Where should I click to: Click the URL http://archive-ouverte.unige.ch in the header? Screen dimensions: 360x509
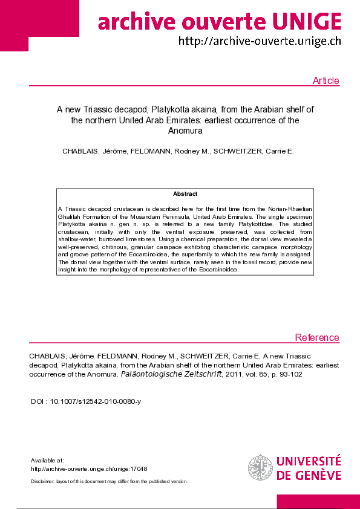[x=260, y=42]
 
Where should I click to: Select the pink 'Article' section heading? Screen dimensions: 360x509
[x=326, y=81]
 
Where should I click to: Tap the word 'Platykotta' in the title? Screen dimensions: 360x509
[x=172, y=110]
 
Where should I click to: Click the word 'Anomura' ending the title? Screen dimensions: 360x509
[x=185, y=130]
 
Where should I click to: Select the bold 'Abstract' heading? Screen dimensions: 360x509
[x=185, y=194]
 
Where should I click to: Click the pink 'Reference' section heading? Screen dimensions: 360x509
[x=317, y=338]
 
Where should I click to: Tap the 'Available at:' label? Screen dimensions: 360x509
[x=47, y=461]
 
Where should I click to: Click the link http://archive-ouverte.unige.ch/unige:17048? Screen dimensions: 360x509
[x=89, y=468]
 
